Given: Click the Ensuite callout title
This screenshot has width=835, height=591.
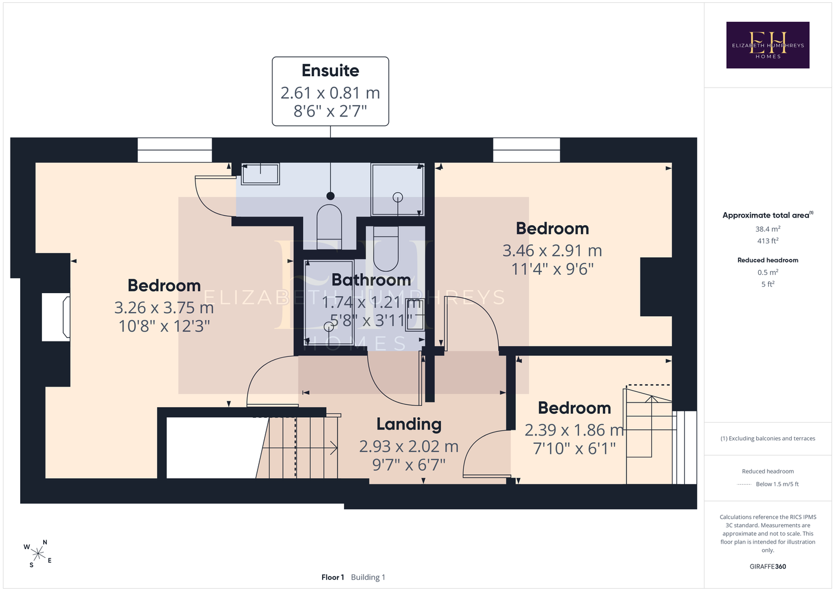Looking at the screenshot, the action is click(x=330, y=70).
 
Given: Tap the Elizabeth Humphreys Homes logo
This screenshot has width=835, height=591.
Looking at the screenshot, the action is click(x=768, y=45).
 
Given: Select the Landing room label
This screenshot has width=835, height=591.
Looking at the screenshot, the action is click(x=409, y=424).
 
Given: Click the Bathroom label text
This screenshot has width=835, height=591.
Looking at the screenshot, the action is click(x=371, y=280).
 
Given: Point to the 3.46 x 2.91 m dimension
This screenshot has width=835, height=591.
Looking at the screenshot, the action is click(x=552, y=251).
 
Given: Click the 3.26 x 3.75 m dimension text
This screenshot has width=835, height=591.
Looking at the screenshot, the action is click(x=164, y=308).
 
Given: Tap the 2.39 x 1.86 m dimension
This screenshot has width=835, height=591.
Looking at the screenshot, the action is click(x=574, y=430).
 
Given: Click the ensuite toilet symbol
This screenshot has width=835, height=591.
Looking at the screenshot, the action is click(x=329, y=223).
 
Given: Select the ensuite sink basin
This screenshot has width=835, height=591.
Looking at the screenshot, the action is click(x=260, y=174).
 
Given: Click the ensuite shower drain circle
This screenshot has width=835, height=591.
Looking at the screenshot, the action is click(x=398, y=197).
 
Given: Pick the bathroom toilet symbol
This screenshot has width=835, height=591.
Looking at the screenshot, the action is click(x=386, y=249).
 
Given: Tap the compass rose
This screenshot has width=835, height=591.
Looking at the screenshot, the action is click(x=38, y=554).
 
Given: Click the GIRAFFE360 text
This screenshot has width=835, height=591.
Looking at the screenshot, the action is click(x=768, y=566).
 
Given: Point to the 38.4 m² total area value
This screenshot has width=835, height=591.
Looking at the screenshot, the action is click(x=768, y=229).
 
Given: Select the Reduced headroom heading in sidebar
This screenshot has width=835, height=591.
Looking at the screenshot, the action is click(x=768, y=260).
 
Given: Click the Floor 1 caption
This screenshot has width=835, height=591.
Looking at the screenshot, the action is click(x=333, y=577).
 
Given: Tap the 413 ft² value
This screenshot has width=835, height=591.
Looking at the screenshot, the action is click(x=768, y=241).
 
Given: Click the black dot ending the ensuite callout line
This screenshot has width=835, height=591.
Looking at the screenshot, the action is click(x=330, y=196).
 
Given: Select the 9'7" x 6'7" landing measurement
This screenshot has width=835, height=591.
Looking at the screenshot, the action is click(x=409, y=465).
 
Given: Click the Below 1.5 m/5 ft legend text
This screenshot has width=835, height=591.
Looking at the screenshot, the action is click(x=777, y=484).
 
